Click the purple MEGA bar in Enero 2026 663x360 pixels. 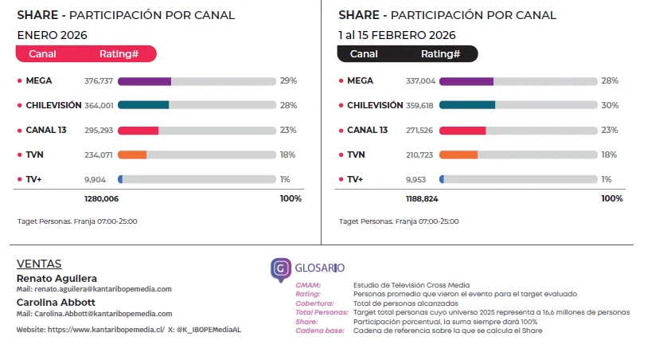144,81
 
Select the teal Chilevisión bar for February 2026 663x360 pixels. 466,105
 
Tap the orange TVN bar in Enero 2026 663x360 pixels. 132,155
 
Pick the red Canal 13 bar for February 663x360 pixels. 462,131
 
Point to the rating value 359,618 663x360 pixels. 420,105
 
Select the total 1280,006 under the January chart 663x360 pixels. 101,198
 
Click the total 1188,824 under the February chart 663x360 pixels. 423,198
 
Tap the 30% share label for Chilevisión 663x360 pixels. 610,105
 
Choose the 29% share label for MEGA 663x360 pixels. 288,81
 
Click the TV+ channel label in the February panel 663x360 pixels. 355,179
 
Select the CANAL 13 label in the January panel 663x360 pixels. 45,130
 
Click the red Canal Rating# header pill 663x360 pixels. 86,54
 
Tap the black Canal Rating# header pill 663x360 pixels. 408,54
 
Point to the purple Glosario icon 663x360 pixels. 281,269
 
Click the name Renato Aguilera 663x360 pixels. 57,278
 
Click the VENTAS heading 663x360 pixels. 39,264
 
